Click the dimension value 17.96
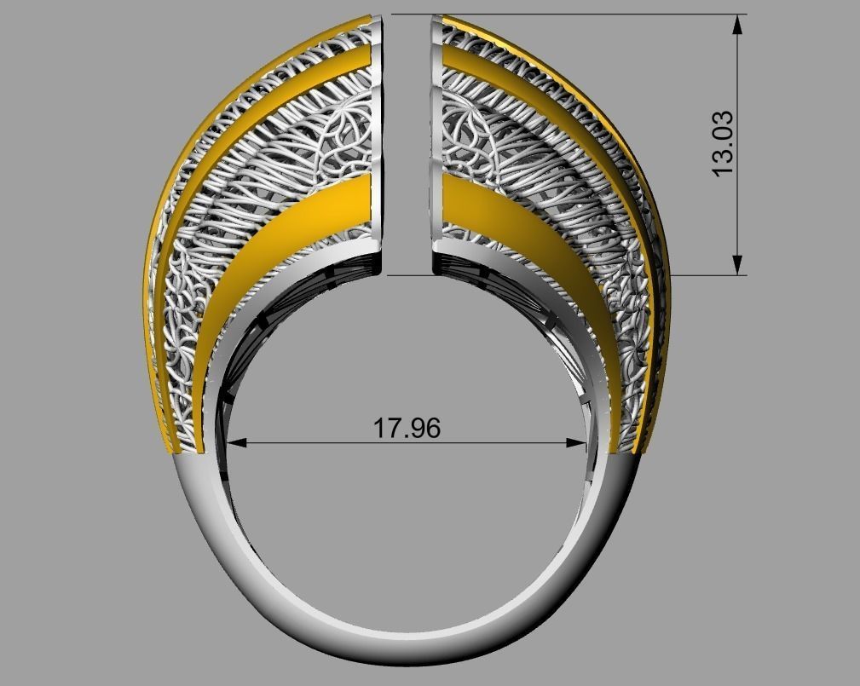407,427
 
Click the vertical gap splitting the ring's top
407,145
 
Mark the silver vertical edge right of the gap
436,145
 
